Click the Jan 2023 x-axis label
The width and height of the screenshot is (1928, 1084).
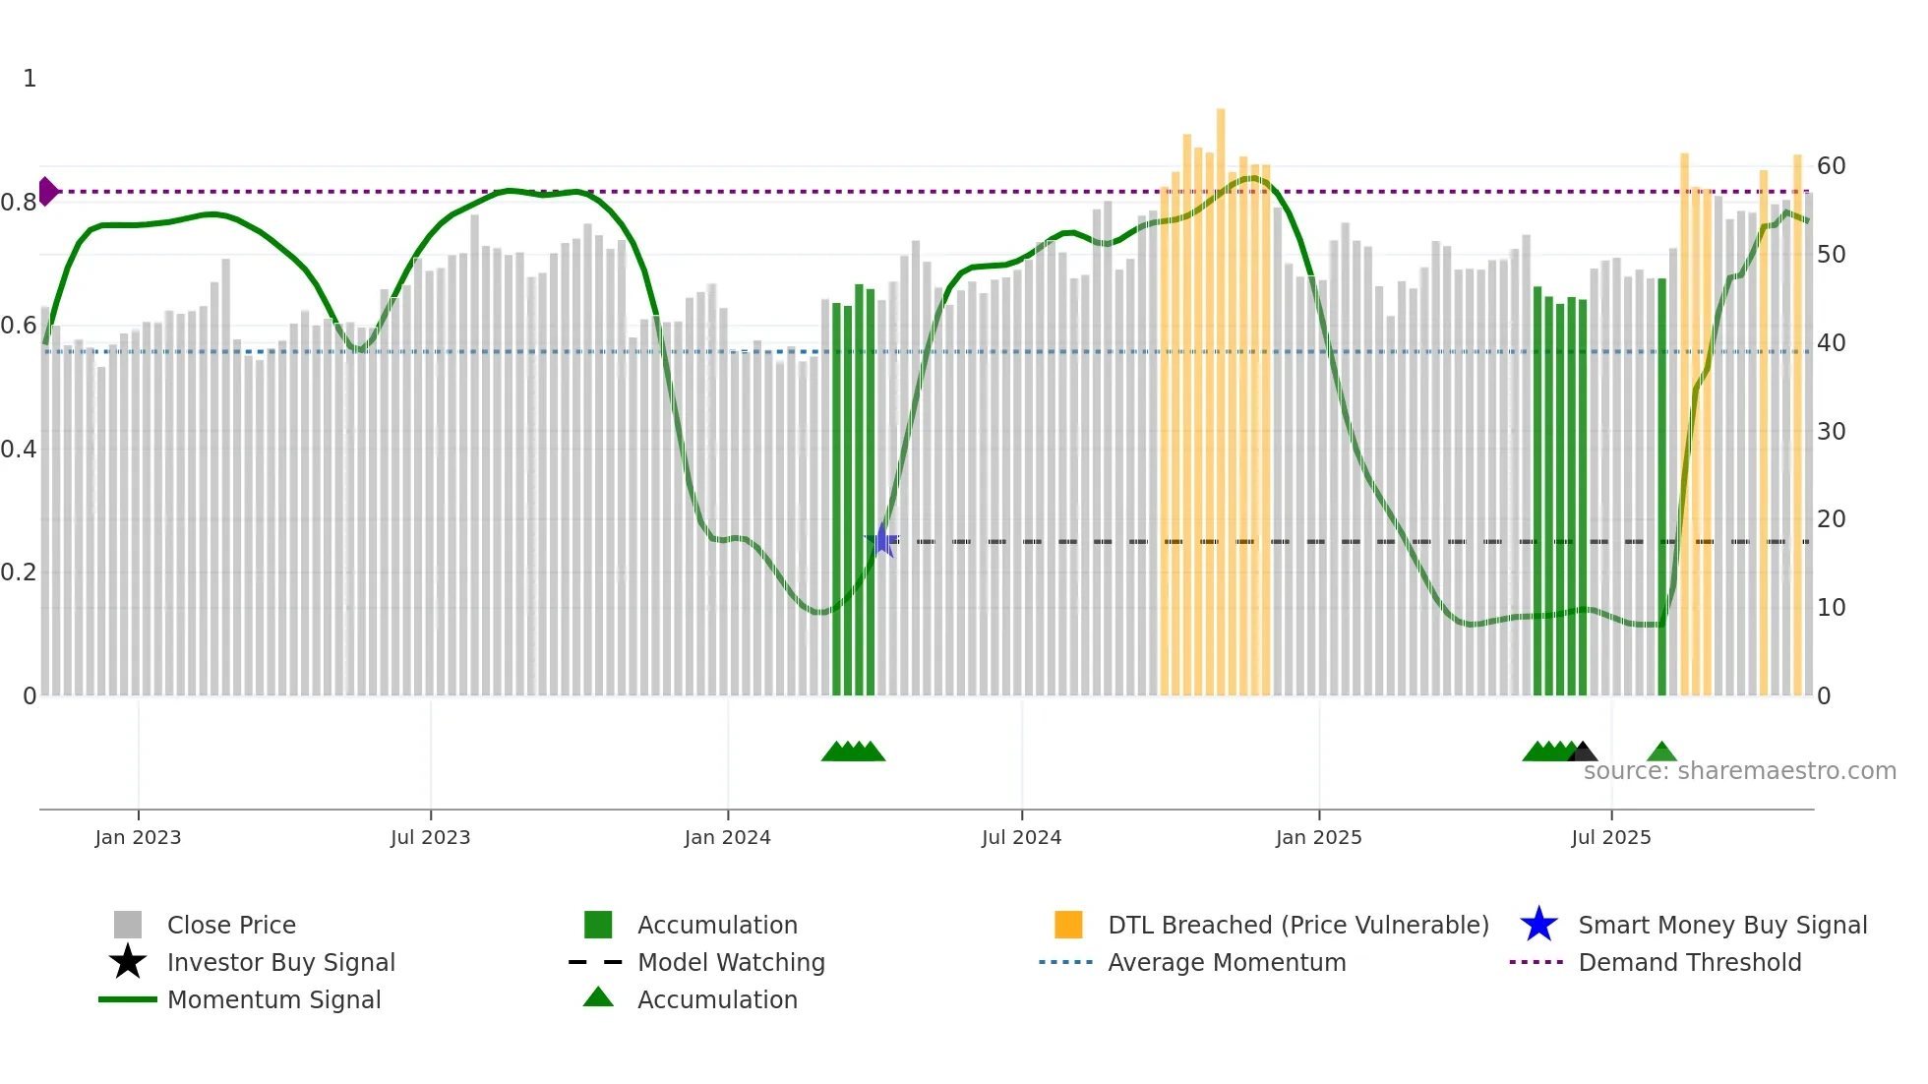tap(138, 837)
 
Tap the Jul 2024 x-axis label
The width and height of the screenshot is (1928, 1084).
tap(1021, 837)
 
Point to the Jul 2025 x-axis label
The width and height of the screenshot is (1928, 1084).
tap(1610, 837)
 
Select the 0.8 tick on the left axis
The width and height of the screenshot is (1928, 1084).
tap(19, 203)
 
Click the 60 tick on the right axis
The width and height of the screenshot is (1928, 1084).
tap(1831, 165)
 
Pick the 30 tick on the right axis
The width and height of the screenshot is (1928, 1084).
tap(1831, 431)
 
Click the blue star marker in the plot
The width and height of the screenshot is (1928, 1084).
tap(882, 540)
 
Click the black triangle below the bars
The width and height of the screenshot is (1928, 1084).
tap(1582, 753)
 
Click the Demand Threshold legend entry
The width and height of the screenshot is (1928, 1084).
tap(1689, 962)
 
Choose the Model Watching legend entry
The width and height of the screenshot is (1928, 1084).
tap(731, 962)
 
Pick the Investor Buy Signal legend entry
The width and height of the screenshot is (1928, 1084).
tap(280, 962)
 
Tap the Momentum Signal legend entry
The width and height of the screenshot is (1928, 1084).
tap(273, 999)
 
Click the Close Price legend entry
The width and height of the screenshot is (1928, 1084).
tap(231, 925)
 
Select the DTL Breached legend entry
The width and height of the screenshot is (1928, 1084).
tap(1297, 925)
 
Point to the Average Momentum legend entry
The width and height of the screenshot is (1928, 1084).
tap(1227, 962)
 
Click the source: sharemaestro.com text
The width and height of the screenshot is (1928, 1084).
tap(1739, 771)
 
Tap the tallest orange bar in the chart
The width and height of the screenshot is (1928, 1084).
tap(1221, 393)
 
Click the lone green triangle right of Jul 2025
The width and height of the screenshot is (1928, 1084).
tap(1661, 753)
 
